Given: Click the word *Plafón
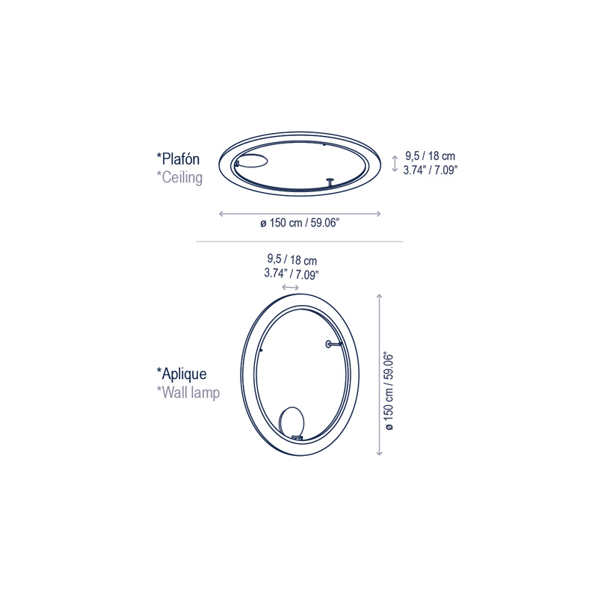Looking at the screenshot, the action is point(178,158).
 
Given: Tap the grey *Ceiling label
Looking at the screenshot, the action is point(179,178).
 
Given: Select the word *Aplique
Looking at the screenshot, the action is point(182,374).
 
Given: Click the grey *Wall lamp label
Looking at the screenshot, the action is point(188,392).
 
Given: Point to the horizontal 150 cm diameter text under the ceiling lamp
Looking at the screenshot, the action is point(300,223).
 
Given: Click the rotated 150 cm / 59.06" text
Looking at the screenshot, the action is point(389,391).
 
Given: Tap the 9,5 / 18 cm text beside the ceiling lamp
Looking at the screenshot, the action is point(431,156).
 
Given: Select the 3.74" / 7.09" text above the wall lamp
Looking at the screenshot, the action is point(292,274).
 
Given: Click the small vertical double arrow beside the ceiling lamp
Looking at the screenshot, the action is point(395,163).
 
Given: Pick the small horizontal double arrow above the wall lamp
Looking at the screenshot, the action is point(290,287).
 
